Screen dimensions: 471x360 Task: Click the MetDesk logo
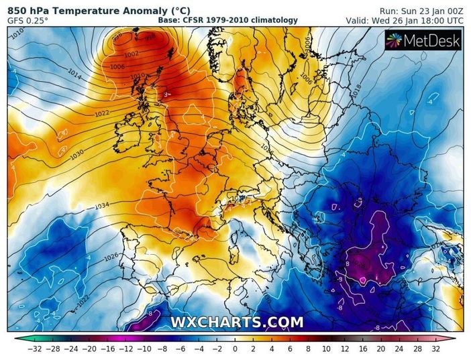click(x=423, y=41)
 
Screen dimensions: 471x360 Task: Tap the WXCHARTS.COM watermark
click(x=236, y=322)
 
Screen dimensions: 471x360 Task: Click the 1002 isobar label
click(x=132, y=54)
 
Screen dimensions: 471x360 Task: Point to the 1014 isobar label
click(x=73, y=78)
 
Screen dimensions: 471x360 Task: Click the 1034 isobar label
click(x=103, y=205)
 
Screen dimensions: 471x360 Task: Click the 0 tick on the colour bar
click(x=235, y=349)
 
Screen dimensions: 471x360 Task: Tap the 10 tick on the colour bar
click(x=326, y=349)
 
